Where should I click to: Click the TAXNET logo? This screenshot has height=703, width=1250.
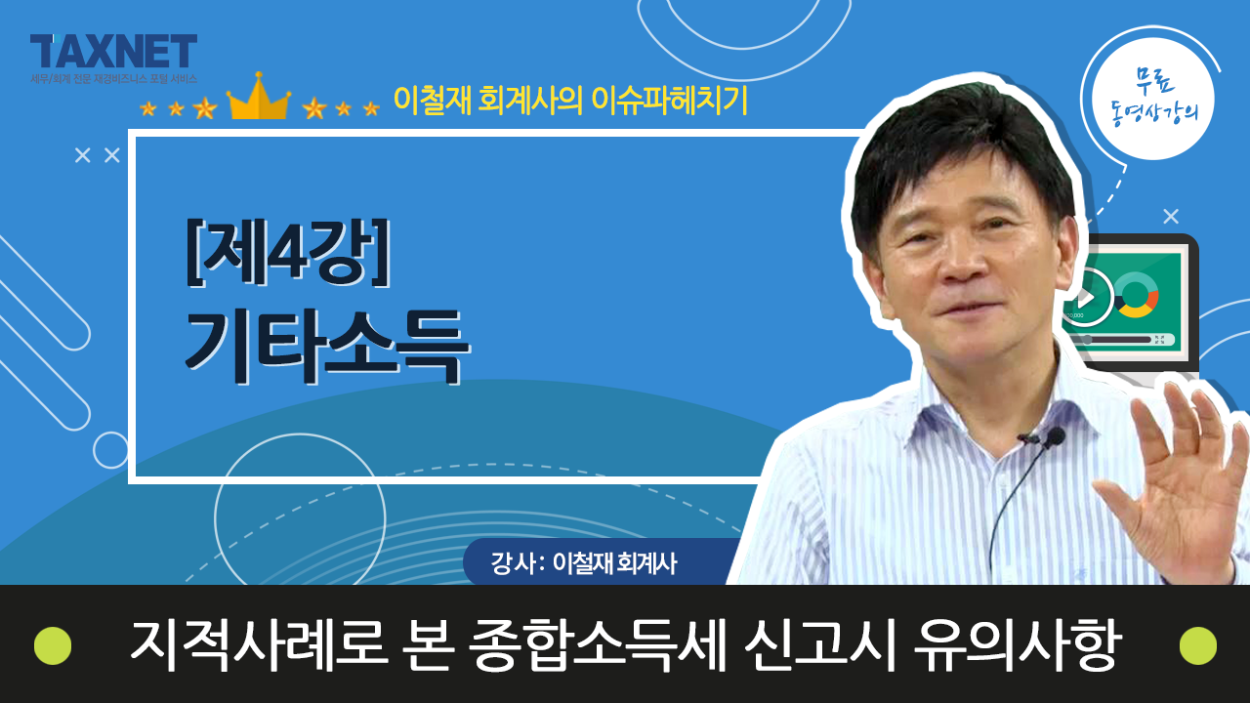[x=113, y=51]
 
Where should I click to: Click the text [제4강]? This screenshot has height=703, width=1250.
[x=288, y=253]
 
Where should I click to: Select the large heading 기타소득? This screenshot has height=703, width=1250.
[x=327, y=346]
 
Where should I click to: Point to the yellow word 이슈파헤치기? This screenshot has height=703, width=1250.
[x=669, y=101]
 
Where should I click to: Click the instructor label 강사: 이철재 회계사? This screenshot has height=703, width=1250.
[x=584, y=563]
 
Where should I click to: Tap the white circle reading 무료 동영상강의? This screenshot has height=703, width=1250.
[x=1153, y=100]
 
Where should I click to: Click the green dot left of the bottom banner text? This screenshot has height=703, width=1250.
[x=53, y=645]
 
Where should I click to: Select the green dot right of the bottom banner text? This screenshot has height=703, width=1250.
[x=1198, y=645]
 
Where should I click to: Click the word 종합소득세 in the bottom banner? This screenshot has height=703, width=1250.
[x=598, y=645]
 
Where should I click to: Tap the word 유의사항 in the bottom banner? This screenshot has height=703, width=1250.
[x=1018, y=645]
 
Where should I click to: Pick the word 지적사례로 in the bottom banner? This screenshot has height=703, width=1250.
[x=259, y=645]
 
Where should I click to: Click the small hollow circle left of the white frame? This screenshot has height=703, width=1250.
[x=110, y=450]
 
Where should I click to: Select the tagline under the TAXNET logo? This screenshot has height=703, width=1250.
[x=114, y=79]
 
